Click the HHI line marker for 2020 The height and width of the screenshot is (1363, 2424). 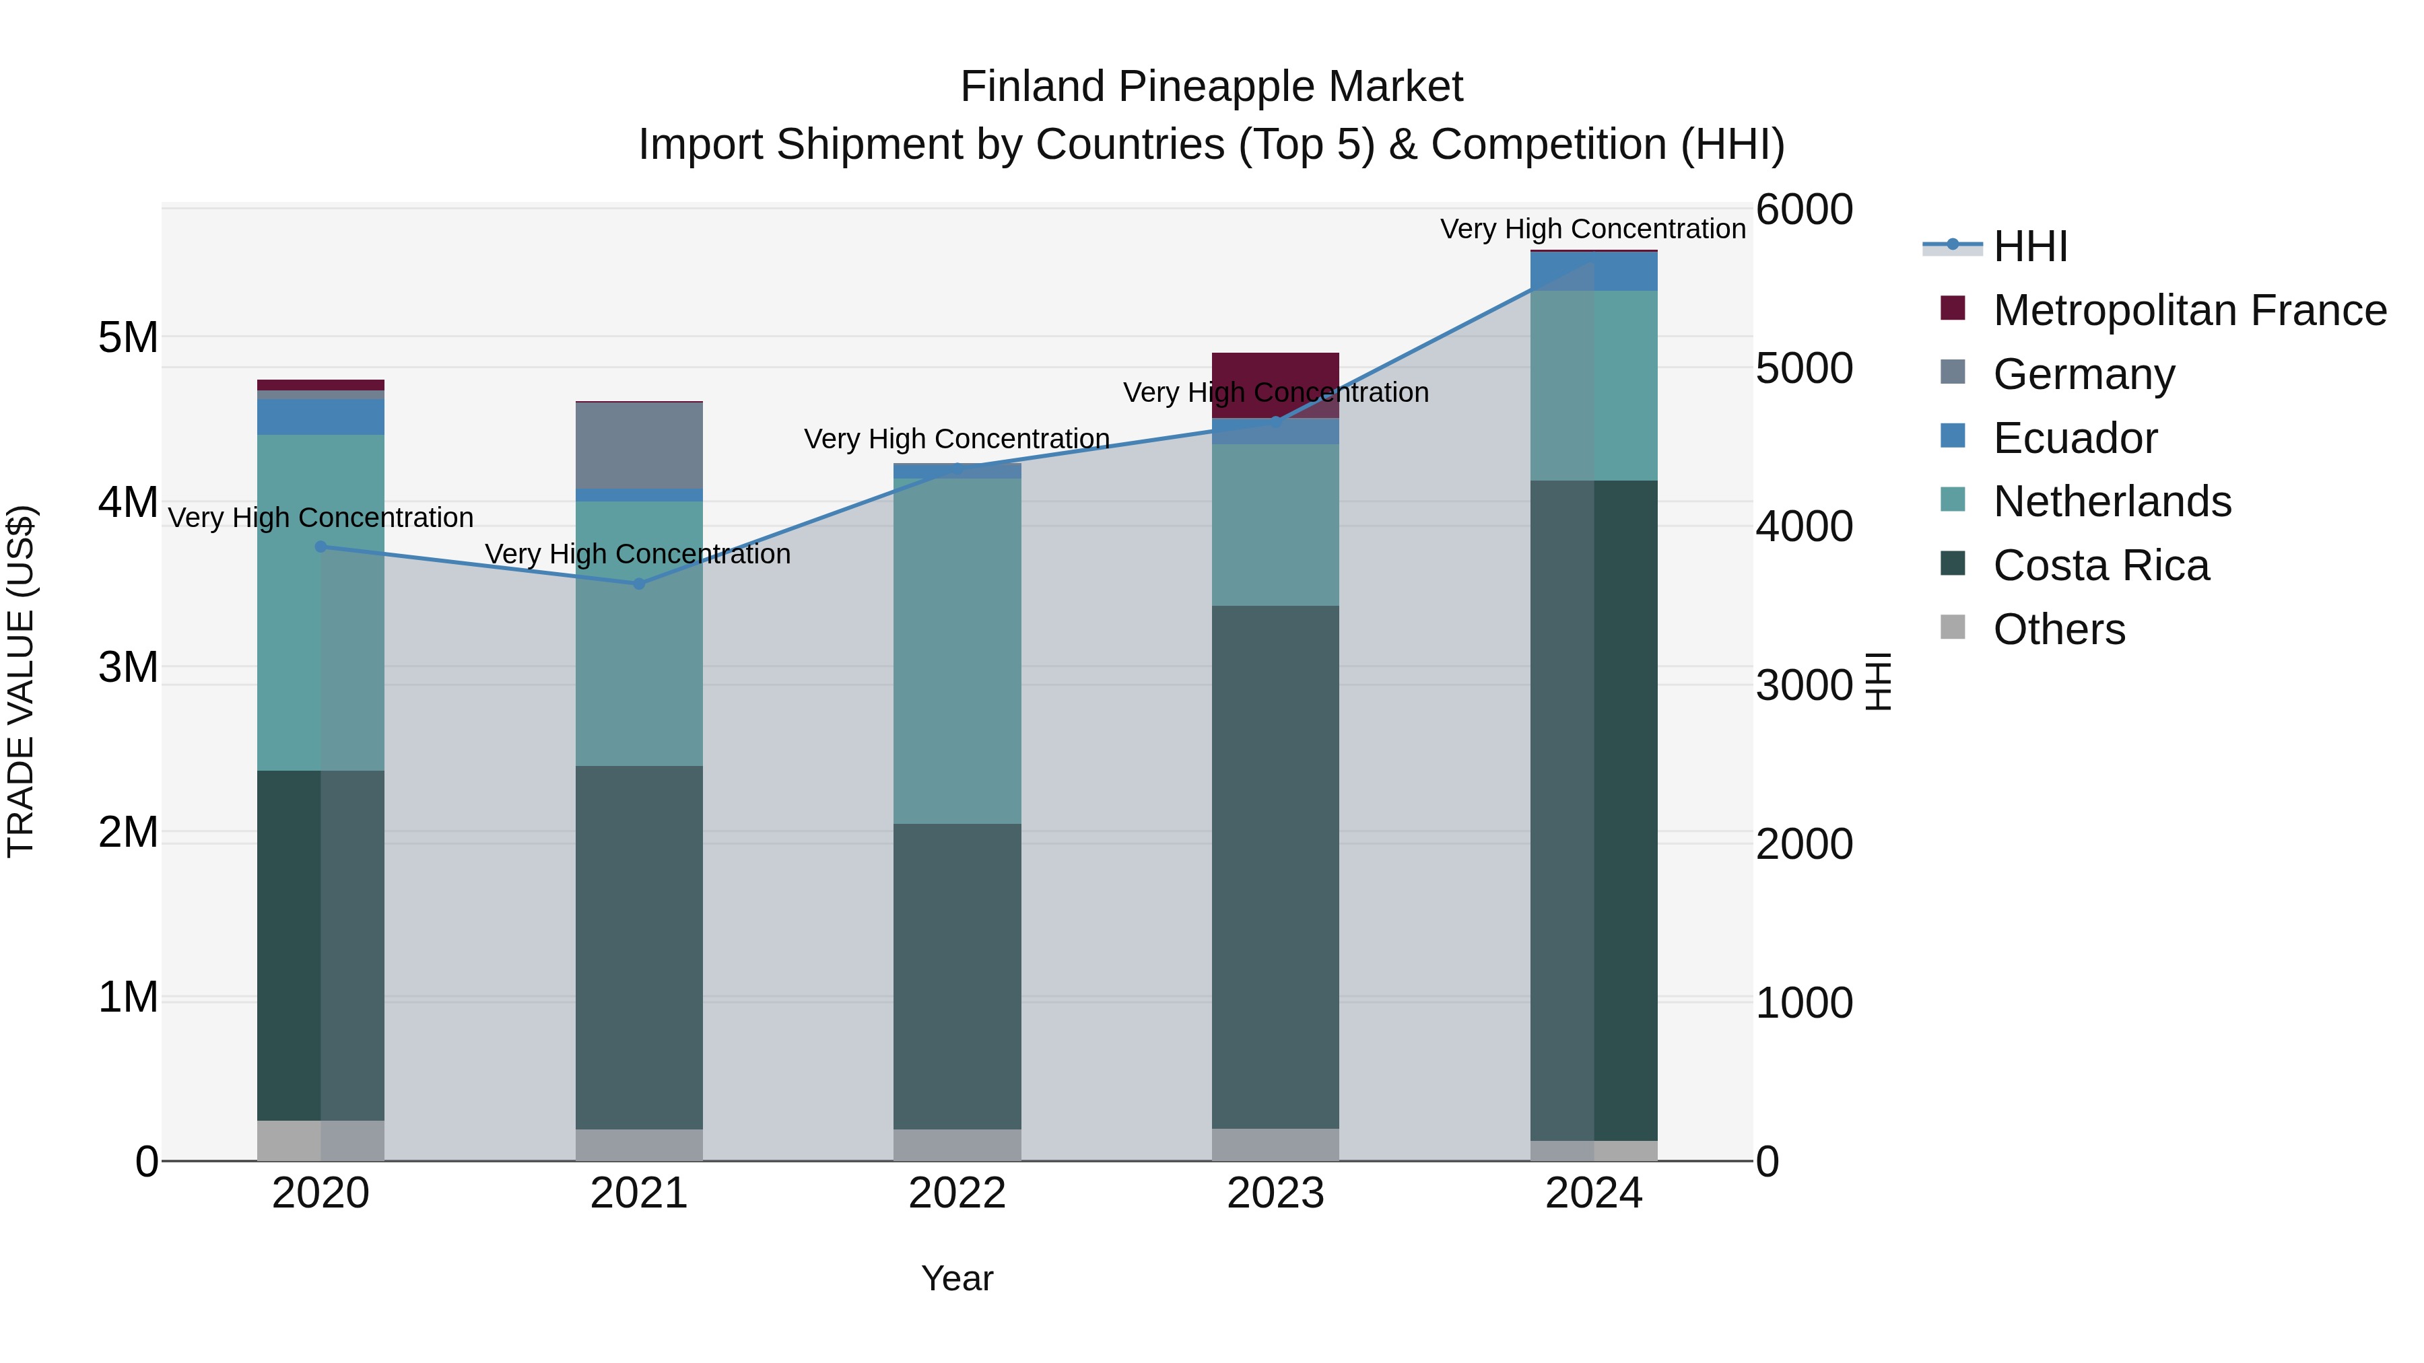tap(321, 547)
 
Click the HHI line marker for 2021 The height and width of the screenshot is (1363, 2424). tap(639, 584)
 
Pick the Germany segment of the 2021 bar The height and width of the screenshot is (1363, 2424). tap(639, 445)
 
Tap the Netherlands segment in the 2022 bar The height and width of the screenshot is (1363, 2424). tap(957, 651)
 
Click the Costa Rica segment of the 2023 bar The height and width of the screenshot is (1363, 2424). tap(1275, 866)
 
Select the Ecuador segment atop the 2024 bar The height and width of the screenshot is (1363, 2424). tap(1593, 272)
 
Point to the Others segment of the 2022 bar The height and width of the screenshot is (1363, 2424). tap(957, 1145)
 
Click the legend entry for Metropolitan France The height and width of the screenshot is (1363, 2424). tap(2189, 310)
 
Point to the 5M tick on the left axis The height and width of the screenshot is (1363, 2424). tap(128, 337)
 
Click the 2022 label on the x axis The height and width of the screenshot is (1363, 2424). tap(957, 1193)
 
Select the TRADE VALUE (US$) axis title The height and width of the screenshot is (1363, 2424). tap(21, 681)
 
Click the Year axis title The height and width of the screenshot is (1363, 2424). tap(957, 1278)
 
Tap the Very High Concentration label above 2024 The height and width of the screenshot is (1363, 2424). tap(1592, 229)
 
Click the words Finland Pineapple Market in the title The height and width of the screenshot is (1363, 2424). tap(1211, 87)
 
